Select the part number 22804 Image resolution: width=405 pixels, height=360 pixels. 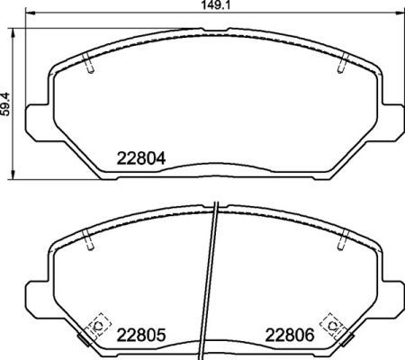click(x=142, y=160)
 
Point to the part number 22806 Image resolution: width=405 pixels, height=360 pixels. click(x=289, y=334)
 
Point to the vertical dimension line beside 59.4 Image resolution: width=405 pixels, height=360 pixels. click(x=13, y=135)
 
